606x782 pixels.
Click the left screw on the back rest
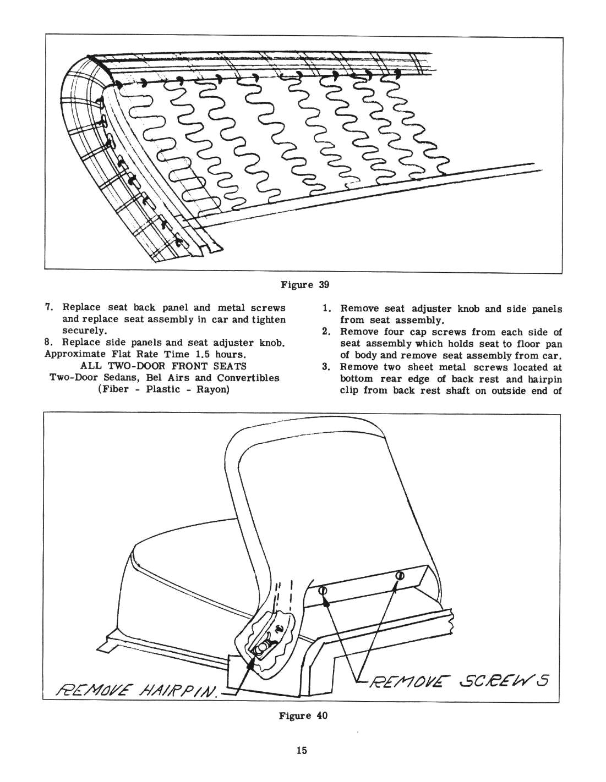(324, 591)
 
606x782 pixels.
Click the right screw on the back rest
(400, 576)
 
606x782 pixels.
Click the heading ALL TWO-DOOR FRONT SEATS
(163, 366)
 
